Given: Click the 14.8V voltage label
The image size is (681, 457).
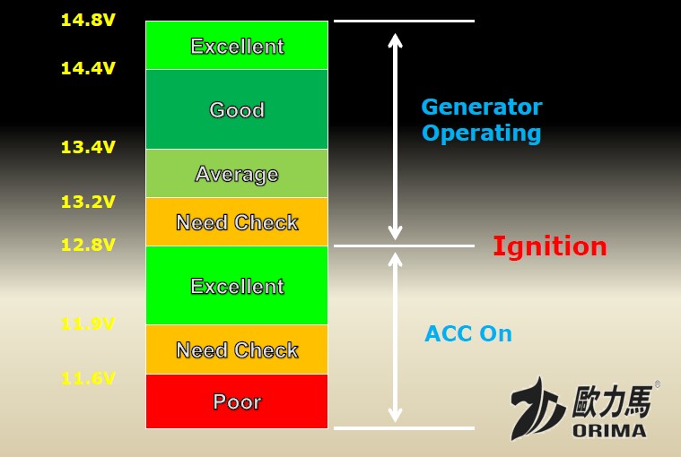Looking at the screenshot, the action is pos(88,20).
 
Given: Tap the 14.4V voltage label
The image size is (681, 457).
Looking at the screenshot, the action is pos(88,68).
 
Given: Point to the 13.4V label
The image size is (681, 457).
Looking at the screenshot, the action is pos(88,147).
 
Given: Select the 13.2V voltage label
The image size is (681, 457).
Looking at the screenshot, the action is pos(88,202).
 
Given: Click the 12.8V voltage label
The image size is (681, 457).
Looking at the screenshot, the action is pos(88,245).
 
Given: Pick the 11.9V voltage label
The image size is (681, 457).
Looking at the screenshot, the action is pos(88,323).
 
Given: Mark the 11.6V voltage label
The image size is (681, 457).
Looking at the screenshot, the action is pos(88,378).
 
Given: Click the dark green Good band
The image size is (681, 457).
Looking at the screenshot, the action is pos(237,109).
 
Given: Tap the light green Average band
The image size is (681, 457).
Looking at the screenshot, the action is pos(237,174).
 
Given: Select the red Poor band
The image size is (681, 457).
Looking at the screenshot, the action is pos(237,401).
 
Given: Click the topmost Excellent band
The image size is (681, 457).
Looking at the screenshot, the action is pos(237,45).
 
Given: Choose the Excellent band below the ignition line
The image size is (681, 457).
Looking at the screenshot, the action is pos(237,285).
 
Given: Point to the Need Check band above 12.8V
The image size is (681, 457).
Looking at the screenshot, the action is pos(237,222).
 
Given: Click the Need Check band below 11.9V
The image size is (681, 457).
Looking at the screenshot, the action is pos(237,349).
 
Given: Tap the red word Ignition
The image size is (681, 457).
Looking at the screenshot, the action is pos(550,247).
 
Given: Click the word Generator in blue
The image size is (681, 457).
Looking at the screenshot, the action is pos(482,107).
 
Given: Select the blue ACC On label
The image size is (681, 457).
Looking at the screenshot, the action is pos(468,333).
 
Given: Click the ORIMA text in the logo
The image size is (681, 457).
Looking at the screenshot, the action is pos(609,430).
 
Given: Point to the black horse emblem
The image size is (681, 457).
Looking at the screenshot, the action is pos(537,410).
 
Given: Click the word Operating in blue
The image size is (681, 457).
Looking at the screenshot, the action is pos(482,134).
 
